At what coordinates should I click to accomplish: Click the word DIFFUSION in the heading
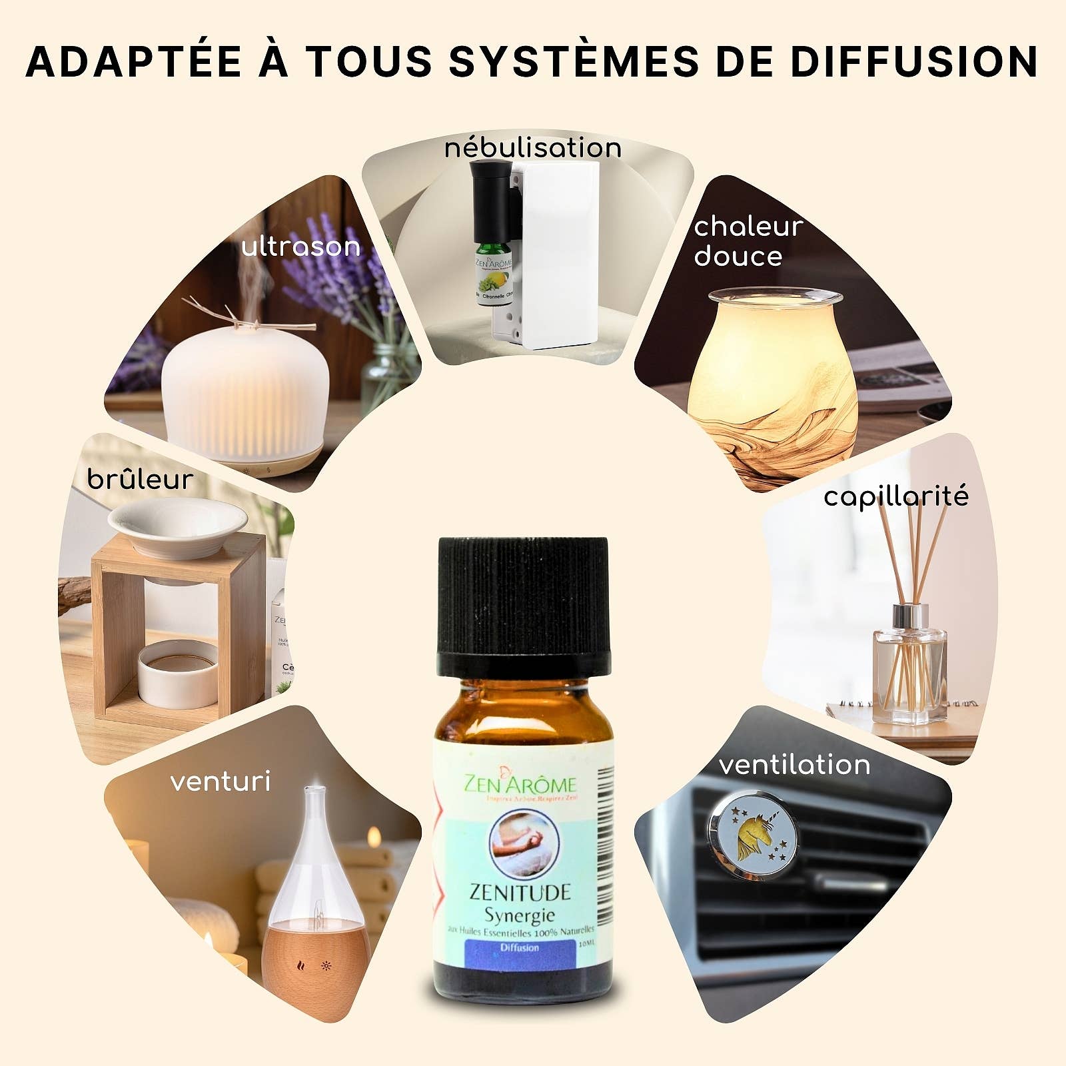914,62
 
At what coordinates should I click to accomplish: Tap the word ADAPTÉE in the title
133,62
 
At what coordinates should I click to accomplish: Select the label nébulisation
533,148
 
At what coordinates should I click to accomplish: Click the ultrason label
300,247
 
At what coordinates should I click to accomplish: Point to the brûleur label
140,480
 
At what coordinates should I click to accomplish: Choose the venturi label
221,782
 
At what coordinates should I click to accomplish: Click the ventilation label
794,765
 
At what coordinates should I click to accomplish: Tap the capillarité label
895,497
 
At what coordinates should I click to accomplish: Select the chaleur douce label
748,241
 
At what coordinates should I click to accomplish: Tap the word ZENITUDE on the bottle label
520,892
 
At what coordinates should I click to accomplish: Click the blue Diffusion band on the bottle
520,948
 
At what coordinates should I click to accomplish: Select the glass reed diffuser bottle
909,673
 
